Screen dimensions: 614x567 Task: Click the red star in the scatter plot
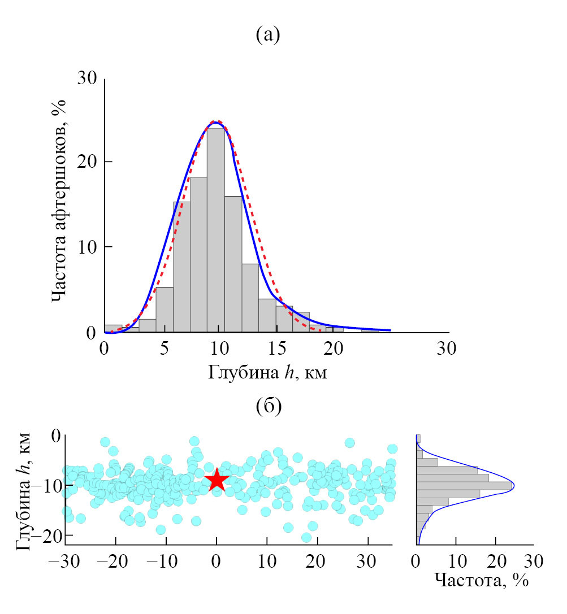[217, 481]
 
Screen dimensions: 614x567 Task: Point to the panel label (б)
[269, 406]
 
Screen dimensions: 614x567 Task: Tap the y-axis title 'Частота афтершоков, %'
[59, 201]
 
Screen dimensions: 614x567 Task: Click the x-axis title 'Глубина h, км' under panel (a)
[268, 372]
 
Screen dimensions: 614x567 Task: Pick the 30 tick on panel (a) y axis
[88, 79]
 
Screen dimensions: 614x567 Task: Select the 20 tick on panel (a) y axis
[88, 163]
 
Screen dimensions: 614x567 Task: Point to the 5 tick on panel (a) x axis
[164, 349]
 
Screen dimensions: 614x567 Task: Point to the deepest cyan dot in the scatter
[306, 537]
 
